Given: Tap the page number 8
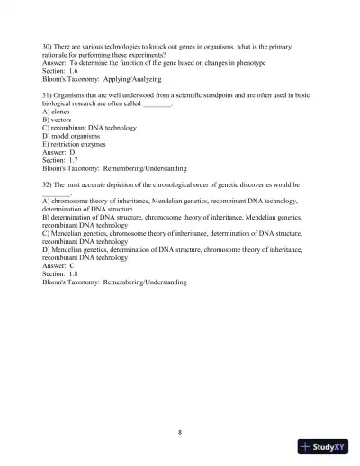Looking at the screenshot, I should point(180,432).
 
